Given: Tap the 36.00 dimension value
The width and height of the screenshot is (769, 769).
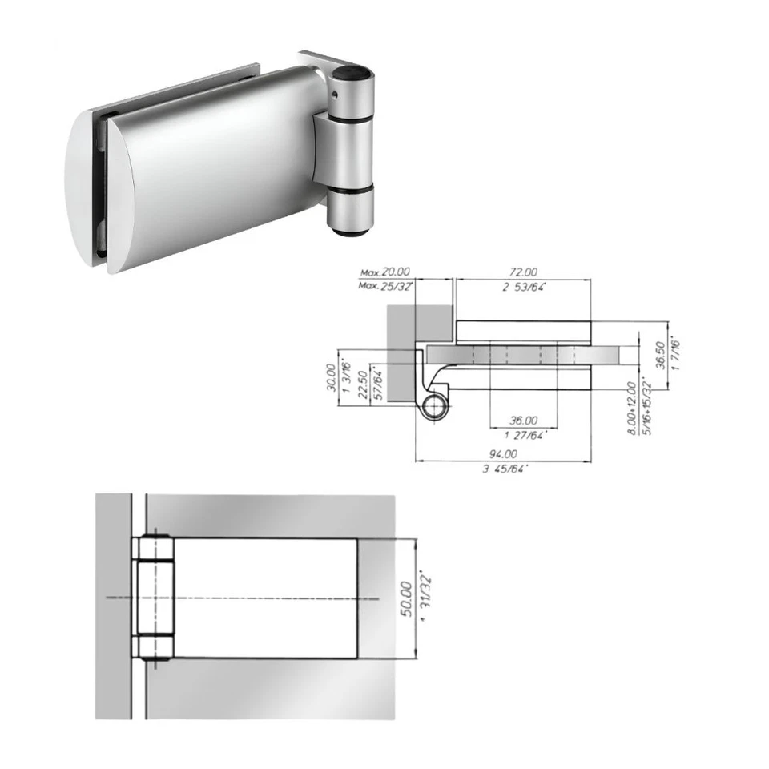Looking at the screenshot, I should click(524, 420).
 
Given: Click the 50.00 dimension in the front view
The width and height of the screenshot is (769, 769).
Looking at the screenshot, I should click(406, 598).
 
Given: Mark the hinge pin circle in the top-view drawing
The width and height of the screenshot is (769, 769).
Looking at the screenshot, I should click(437, 405).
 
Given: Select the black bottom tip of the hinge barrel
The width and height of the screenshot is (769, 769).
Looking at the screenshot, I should click(350, 233).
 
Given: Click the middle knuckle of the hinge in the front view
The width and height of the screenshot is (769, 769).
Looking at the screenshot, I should click(153, 598).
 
